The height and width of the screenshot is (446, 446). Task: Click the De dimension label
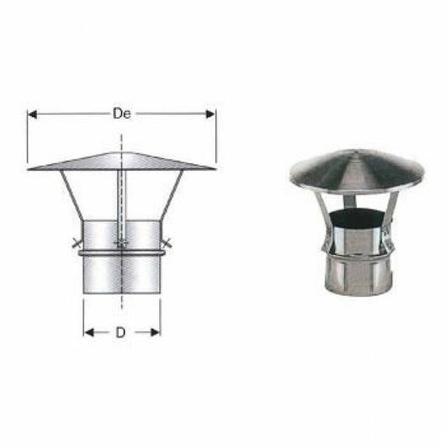click(122, 112)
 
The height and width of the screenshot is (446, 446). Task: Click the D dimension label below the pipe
click(121, 332)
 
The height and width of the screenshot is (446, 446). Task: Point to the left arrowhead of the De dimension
click(32, 112)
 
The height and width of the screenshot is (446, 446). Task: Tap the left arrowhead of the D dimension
click(88, 332)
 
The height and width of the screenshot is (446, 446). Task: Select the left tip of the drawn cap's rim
click(29, 169)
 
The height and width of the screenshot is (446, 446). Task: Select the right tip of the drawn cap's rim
click(215, 169)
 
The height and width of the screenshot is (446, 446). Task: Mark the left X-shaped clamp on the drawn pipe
click(77, 246)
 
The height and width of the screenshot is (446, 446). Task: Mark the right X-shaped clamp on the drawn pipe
click(167, 246)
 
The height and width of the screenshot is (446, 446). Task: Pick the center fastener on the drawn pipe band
click(123, 246)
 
